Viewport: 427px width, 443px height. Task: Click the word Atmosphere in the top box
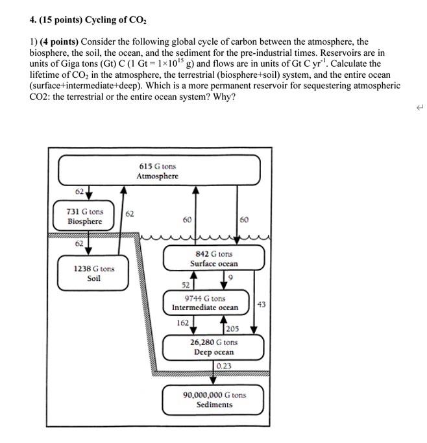click(157, 176)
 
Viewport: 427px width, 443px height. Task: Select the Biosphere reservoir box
click(85, 217)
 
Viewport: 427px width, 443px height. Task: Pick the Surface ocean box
click(213, 259)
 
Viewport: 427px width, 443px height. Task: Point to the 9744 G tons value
click(204, 298)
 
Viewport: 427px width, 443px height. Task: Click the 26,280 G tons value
click(213, 342)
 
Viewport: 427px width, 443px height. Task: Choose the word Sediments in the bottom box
click(214, 405)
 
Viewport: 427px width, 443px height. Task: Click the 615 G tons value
click(157, 166)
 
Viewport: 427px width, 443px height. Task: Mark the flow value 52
click(186, 285)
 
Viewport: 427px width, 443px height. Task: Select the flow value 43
click(261, 304)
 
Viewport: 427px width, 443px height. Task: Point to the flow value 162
click(182, 322)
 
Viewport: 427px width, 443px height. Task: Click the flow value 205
click(232, 329)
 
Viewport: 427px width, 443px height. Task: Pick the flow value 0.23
click(224, 366)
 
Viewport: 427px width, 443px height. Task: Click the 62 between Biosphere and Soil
click(79, 243)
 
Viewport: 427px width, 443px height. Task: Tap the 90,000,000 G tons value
click(214, 394)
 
